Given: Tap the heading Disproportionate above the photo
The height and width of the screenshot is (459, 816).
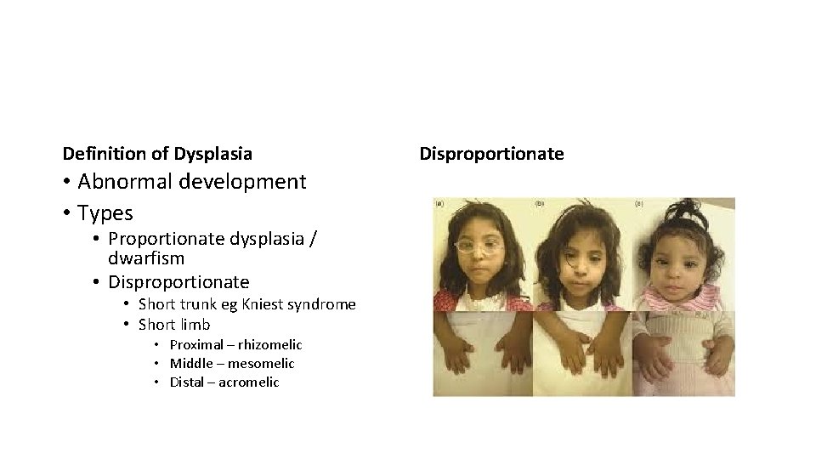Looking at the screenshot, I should point(491,154).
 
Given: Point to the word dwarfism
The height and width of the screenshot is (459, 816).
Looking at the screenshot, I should point(146,257).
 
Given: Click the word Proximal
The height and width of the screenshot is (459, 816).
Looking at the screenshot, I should point(194,344).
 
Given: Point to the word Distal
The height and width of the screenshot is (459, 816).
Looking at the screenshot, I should point(186,382).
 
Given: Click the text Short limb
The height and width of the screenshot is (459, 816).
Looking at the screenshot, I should point(173,324).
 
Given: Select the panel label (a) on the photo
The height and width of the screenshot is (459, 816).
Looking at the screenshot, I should point(439,204).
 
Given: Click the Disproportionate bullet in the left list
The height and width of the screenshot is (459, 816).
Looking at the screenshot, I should point(178,280).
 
